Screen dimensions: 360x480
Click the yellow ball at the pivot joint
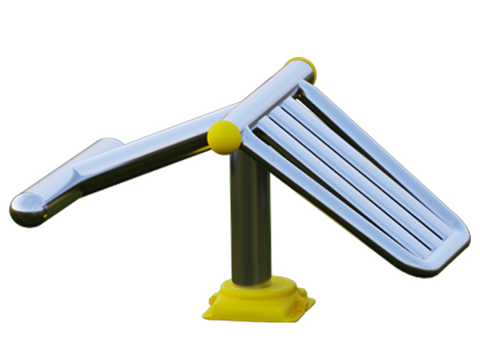pyautogui.click(x=224, y=136)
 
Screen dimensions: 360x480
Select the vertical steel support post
pyautogui.click(x=250, y=217)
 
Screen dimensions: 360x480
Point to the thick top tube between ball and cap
pyautogui.click(x=266, y=97)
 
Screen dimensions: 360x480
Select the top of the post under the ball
pyautogui.click(x=244, y=161)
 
